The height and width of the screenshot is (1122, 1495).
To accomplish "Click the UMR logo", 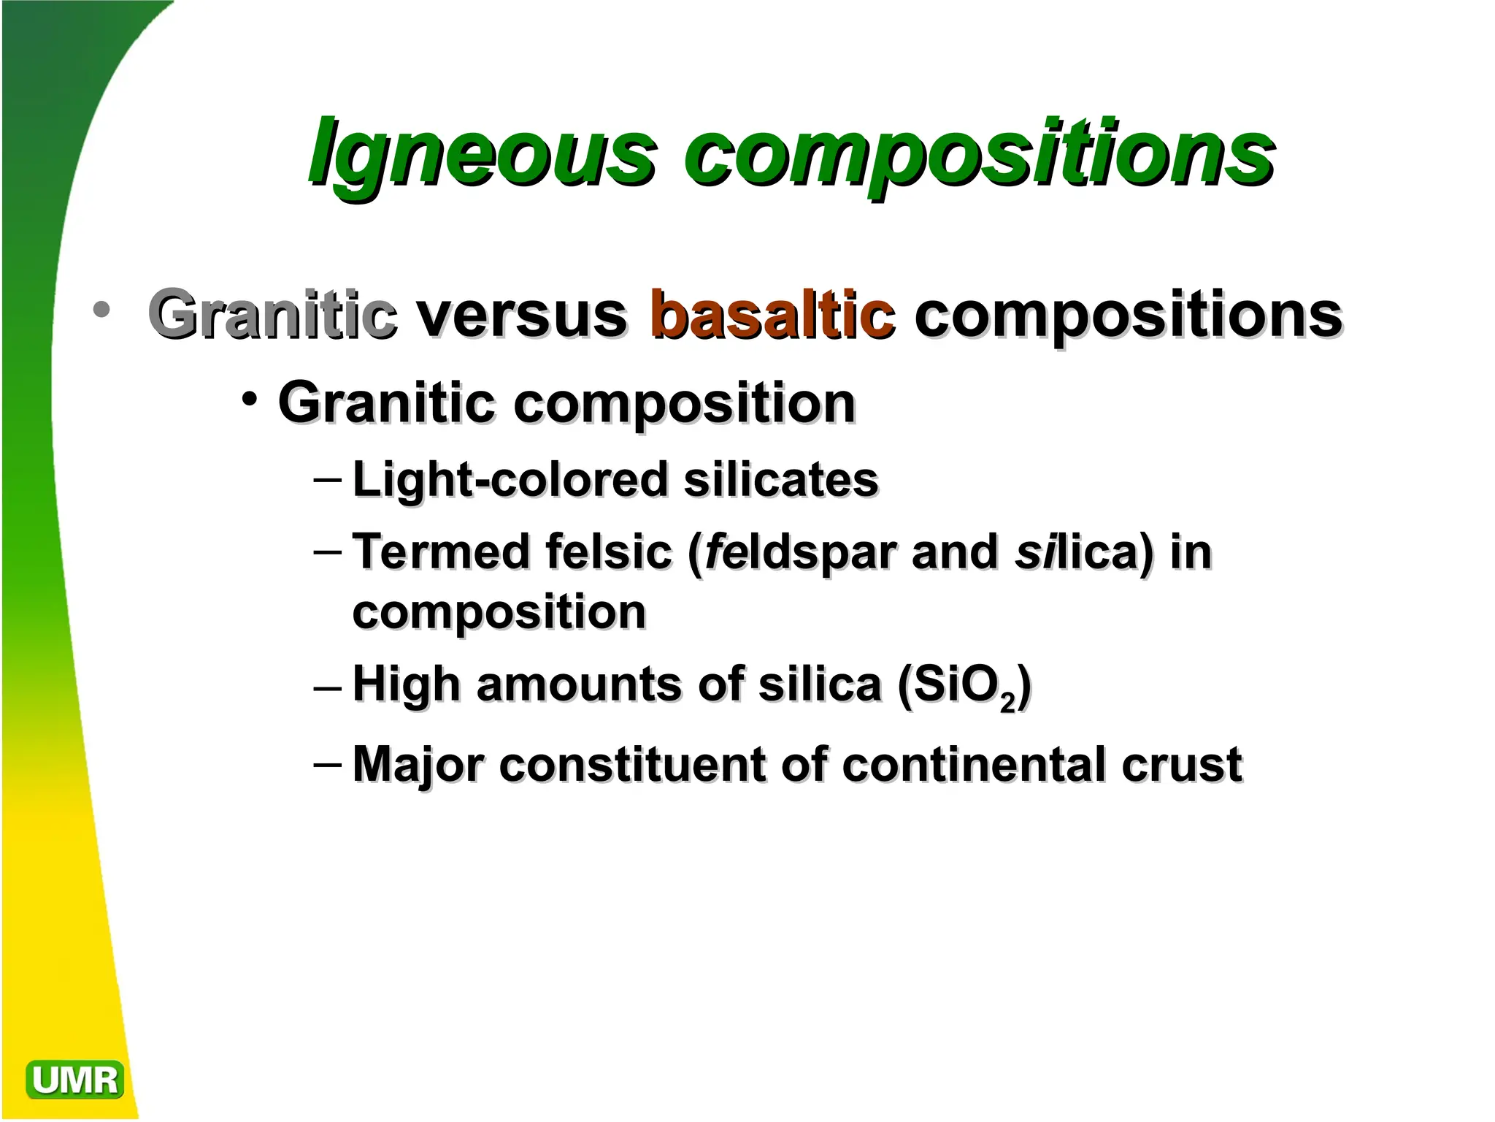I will [74, 1080].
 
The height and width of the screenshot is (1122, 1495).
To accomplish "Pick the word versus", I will [521, 316].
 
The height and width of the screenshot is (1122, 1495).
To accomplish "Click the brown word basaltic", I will [772, 316].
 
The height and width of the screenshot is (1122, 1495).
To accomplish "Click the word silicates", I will [781, 480].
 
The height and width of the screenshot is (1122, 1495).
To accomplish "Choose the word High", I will [407, 685].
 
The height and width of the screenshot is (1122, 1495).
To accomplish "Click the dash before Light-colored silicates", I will [326, 480].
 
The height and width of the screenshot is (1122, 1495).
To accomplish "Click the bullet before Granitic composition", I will [250, 400].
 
